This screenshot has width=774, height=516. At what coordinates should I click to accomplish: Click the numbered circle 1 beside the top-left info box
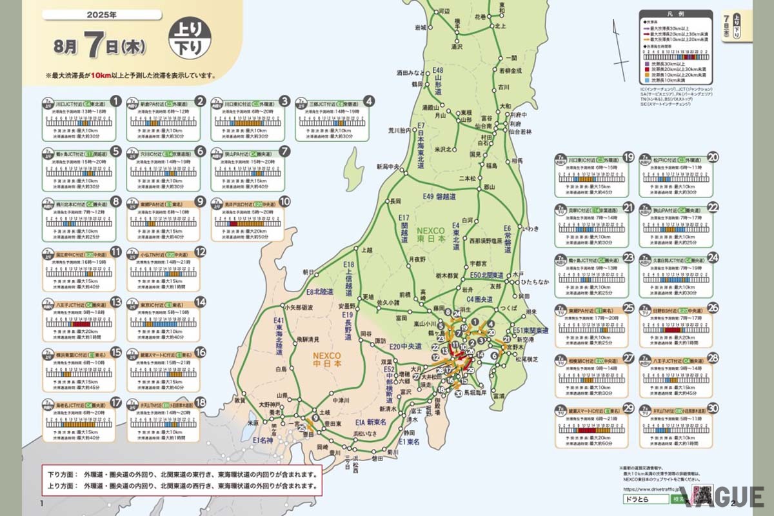click(116, 101)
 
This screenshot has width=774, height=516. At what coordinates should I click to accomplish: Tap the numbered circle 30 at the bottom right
click(713, 408)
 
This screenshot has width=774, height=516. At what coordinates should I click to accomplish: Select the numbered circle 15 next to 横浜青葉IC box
click(116, 352)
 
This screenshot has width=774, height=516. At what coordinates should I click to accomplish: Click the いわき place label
click(531, 228)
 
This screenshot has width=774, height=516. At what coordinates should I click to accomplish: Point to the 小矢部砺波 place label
click(298, 308)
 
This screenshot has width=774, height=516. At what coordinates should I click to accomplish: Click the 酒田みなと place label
click(412, 72)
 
